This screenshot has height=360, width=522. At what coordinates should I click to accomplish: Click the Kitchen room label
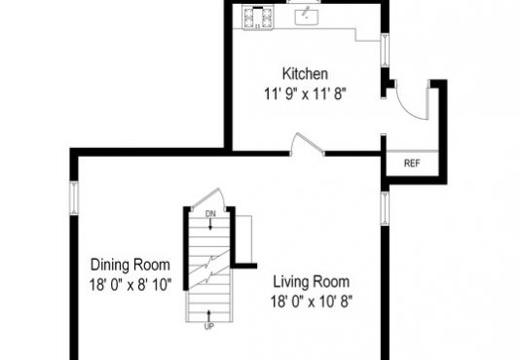pos(305,74)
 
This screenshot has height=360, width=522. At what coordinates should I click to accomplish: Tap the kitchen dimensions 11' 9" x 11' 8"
pos(305,93)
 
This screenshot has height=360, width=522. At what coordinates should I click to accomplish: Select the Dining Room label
pos(130,265)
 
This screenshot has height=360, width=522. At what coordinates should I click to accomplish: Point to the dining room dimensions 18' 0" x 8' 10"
pos(130,285)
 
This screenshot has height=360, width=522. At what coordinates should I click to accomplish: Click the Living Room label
pos(312,282)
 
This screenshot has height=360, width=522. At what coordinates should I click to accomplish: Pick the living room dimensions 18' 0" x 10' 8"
pos(312,302)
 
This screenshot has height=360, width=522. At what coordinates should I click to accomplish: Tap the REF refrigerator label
pos(412,163)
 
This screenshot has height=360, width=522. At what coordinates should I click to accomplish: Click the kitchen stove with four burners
pos(258,18)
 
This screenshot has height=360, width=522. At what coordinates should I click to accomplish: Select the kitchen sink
pos(306,17)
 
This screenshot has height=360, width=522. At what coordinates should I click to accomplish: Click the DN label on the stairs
pos(210,214)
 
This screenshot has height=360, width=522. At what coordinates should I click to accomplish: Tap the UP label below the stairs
pos(208,326)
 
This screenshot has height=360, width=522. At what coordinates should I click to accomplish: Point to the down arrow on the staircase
pos(210,224)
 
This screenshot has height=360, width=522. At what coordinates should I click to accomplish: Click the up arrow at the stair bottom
pos(208,316)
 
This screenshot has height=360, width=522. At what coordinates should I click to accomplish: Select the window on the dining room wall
pos(74,198)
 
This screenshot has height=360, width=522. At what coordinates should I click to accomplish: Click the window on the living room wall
pos(385,208)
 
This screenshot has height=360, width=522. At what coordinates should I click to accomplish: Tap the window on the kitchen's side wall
pos(385,50)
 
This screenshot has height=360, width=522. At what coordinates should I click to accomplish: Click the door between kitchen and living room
pos(307,144)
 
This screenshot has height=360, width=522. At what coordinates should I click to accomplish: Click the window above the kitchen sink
pos(304,2)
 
